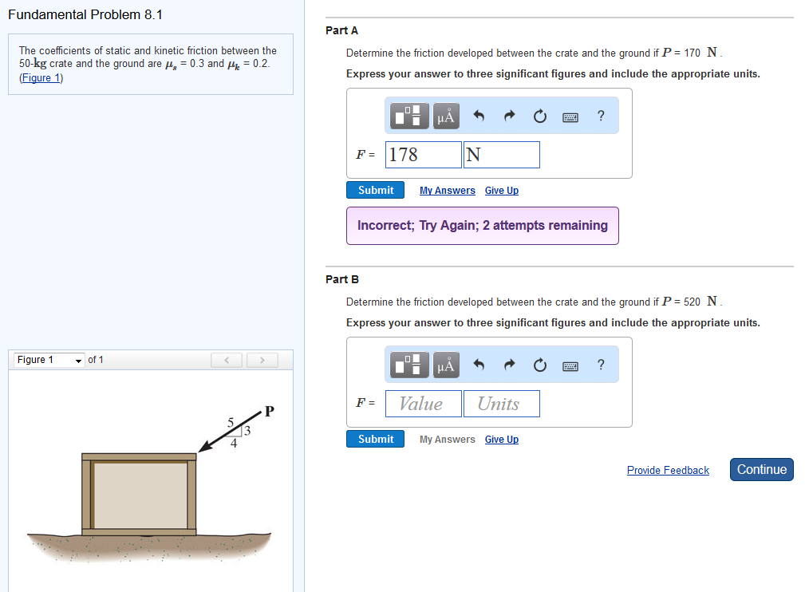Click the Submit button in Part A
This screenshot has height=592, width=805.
376,190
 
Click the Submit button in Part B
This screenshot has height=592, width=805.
376,439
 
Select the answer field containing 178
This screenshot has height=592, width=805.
424,155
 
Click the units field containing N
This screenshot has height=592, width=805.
501,155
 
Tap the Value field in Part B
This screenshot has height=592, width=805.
424,404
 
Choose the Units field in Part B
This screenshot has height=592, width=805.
501,404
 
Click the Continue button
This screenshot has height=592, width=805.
761,470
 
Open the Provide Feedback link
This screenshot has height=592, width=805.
668,471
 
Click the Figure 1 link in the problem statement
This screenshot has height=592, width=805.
41,77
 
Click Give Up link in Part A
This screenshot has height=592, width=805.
502,191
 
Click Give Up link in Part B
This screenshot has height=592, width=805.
502,440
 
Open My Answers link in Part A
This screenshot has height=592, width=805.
448,191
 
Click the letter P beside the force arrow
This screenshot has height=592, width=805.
269,412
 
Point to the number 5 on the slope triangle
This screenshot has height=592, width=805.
231,421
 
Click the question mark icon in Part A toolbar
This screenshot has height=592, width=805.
601,116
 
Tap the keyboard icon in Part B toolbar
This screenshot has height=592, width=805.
570,366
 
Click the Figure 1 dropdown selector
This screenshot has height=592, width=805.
49,360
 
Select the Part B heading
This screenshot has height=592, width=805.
342,279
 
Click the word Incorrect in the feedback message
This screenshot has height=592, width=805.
386,226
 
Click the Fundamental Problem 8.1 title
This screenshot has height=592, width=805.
85,14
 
